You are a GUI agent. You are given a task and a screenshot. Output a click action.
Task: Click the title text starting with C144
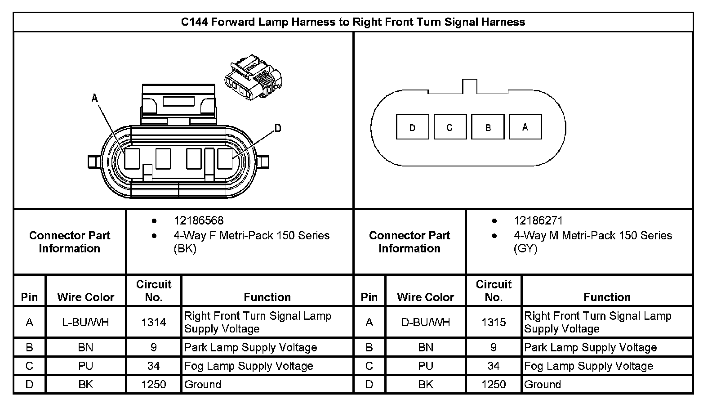(353, 22)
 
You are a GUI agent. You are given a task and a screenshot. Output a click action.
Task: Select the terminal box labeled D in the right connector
(412, 127)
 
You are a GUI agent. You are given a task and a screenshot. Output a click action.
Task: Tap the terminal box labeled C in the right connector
(450, 127)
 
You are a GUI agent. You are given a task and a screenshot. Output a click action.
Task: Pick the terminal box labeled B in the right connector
(488, 127)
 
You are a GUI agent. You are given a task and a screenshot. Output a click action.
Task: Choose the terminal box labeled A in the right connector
(525, 127)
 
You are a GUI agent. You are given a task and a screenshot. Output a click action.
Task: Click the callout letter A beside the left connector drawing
(95, 98)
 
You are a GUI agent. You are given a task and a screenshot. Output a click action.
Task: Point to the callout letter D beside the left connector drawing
(278, 129)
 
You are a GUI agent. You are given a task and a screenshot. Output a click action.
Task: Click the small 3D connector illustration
(253, 78)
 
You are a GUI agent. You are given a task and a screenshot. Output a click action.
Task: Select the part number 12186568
(198, 221)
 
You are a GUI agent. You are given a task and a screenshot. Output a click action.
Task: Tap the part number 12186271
(538, 221)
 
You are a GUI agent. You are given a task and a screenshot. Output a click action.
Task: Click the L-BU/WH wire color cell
(85, 323)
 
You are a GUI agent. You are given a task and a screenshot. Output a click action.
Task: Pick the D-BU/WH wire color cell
(425, 323)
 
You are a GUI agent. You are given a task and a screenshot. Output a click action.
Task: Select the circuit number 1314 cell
(154, 323)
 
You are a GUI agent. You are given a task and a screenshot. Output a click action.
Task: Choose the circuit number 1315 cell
(494, 323)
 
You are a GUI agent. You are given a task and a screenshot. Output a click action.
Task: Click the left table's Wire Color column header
(85, 297)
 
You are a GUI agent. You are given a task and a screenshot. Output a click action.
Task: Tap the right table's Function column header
(607, 297)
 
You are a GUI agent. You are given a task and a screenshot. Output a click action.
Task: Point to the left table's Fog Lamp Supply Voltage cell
(249, 366)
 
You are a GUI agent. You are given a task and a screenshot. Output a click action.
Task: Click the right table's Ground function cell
(543, 385)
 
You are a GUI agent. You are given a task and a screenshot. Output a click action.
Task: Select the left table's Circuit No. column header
(154, 291)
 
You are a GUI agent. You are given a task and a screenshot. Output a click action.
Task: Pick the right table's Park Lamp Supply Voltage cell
(590, 348)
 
